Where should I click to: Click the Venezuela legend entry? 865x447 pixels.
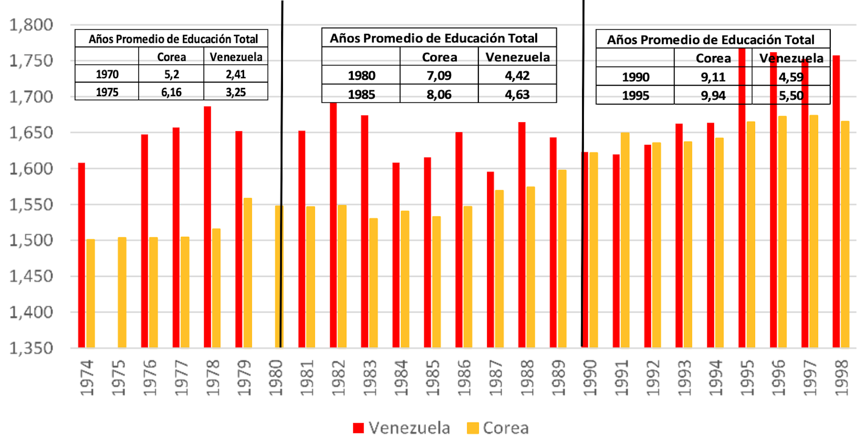[x=401, y=428]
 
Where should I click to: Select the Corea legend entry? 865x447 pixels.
[x=498, y=428]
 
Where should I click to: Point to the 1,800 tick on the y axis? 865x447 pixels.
[x=31, y=25]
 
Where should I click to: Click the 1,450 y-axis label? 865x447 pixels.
[x=31, y=276]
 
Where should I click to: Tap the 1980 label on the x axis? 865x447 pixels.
[x=275, y=378]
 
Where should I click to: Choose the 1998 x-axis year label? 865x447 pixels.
[x=841, y=378]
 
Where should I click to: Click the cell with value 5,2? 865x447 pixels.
[x=171, y=74]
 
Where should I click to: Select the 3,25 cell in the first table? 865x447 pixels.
[x=236, y=92]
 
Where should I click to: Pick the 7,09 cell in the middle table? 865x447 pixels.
[x=439, y=75]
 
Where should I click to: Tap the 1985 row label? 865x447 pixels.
[x=361, y=95]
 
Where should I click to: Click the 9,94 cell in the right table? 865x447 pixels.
[x=713, y=96]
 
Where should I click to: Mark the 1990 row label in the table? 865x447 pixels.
[x=635, y=77]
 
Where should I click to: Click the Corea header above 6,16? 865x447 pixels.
[x=171, y=57]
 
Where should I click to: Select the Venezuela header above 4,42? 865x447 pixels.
[x=517, y=57]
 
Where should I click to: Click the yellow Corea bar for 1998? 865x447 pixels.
[x=845, y=234]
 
